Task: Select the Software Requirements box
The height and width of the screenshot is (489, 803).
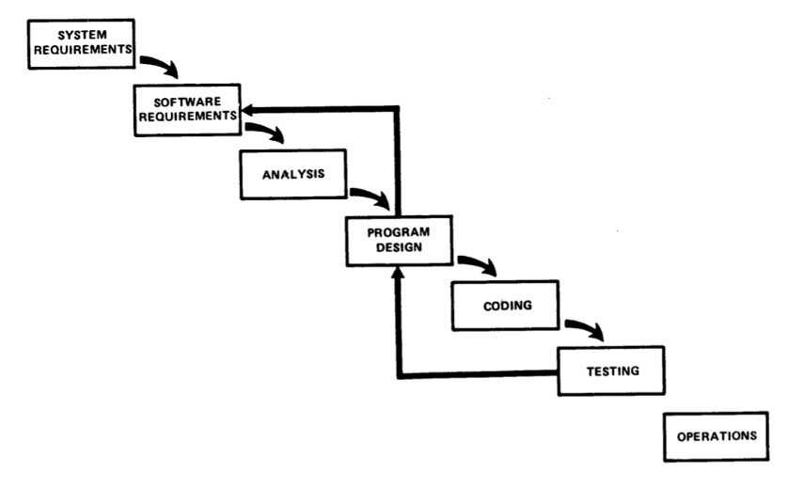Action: (x=184, y=107)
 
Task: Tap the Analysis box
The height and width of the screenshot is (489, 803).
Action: (x=294, y=174)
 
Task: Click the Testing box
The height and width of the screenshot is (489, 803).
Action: (x=611, y=371)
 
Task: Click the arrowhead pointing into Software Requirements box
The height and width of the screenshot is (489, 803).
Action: (x=245, y=110)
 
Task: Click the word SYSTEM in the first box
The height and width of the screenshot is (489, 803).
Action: (x=79, y=35)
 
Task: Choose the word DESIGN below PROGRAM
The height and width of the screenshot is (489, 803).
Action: (x=399, y=248)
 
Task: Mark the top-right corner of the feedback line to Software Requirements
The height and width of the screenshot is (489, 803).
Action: (x=397, y=110)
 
